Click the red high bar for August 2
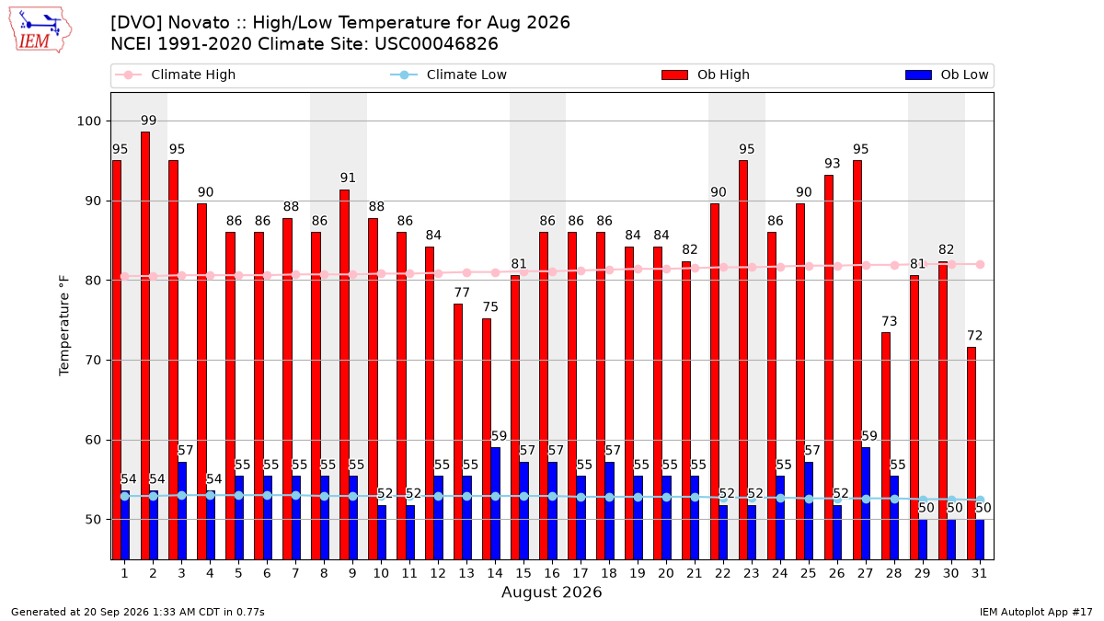pos(145,346)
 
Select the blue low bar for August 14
pos(496,504)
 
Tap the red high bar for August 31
pos(972,454)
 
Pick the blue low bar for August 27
pos(866,504)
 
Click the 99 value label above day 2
pos(148,121)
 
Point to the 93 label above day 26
pos(833,163)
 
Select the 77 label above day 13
pos(462,293)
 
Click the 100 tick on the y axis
pos(88,121)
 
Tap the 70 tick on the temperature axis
pos(93,361)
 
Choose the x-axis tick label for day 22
pos(722,573)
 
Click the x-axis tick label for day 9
pos(352,573)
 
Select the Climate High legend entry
pos(176,75)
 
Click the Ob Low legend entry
pos(947,75)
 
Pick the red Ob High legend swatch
pos(674,75)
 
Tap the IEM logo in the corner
pos(40,30)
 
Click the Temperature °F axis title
pos(64,326)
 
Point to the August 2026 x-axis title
pos(551,592)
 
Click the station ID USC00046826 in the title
pos(436,44)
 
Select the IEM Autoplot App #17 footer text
pos(1036,612)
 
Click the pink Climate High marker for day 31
pos(981,265)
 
